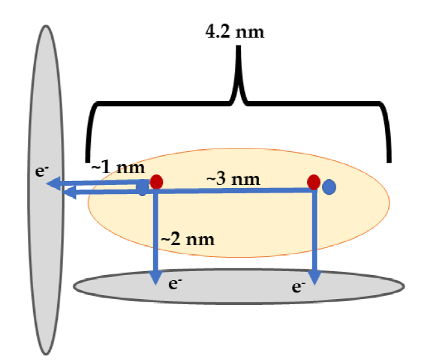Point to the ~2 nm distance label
188,239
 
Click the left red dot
156,182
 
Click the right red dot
314,182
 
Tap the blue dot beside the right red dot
330,187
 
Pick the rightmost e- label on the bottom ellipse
299,286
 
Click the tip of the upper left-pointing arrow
49,184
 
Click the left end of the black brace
87,158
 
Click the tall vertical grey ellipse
45,259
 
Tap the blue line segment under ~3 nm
234,190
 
